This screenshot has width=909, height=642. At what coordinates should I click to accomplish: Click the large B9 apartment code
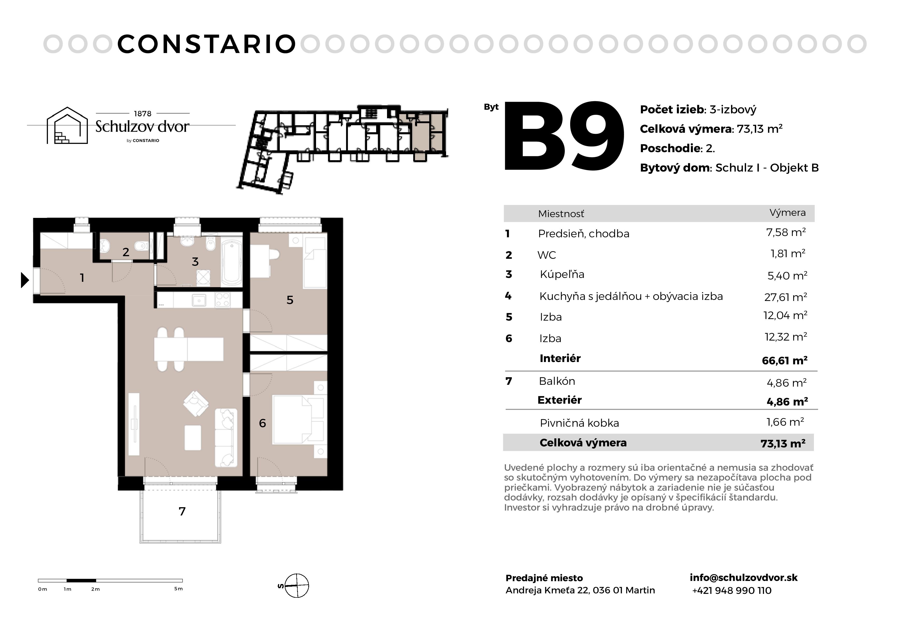tap(564, 136)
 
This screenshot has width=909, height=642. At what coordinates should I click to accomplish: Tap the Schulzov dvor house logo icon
tap(67, 126)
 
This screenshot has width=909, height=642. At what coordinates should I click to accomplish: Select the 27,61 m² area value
tap(785, 297)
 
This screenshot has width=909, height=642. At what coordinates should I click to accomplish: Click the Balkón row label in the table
tap(557, 381)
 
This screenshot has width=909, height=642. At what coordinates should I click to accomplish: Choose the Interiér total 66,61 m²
tap(785, 360)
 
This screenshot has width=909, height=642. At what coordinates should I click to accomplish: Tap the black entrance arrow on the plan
tap(25, 280)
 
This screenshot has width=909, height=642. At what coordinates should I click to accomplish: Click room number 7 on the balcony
tap(182, 512)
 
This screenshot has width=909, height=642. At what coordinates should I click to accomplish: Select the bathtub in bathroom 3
tap(232, 261)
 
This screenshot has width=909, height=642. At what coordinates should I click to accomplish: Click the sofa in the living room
tap(226, 438)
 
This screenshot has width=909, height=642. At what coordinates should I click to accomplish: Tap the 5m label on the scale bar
tap(178, 589)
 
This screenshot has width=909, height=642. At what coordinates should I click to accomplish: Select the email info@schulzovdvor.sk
tap(743, 578)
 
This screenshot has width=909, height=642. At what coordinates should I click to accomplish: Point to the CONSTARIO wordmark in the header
tap(207, 44)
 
